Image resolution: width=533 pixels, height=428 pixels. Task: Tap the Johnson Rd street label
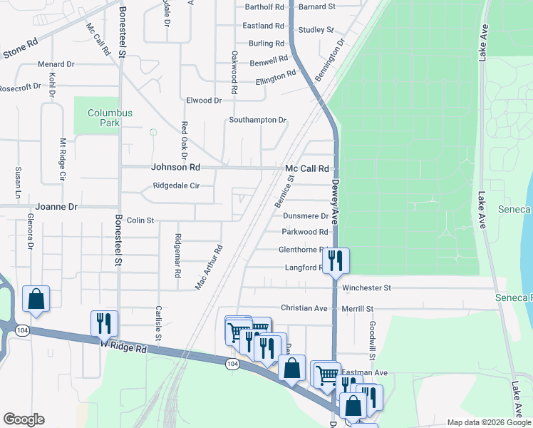coord(175,168)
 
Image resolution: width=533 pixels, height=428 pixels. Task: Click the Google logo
coord(24,419)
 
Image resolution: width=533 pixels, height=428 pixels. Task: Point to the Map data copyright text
coord(489,422)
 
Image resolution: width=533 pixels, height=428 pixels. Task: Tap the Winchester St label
coord(367,288)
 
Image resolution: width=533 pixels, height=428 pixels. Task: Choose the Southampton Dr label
coord(257,120)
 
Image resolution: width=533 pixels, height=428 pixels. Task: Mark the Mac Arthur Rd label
coord(209,267)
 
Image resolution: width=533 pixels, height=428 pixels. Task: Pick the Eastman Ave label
coord(364,372)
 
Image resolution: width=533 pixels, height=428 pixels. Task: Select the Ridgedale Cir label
coord(176,186)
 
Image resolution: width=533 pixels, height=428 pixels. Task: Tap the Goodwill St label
coord(372,340)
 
